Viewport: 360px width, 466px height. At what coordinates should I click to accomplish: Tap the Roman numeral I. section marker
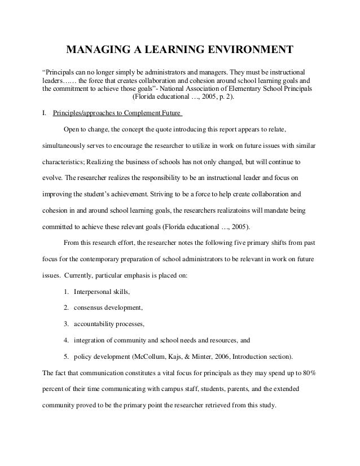point(45,113)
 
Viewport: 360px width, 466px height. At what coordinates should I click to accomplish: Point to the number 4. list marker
point(67,341)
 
